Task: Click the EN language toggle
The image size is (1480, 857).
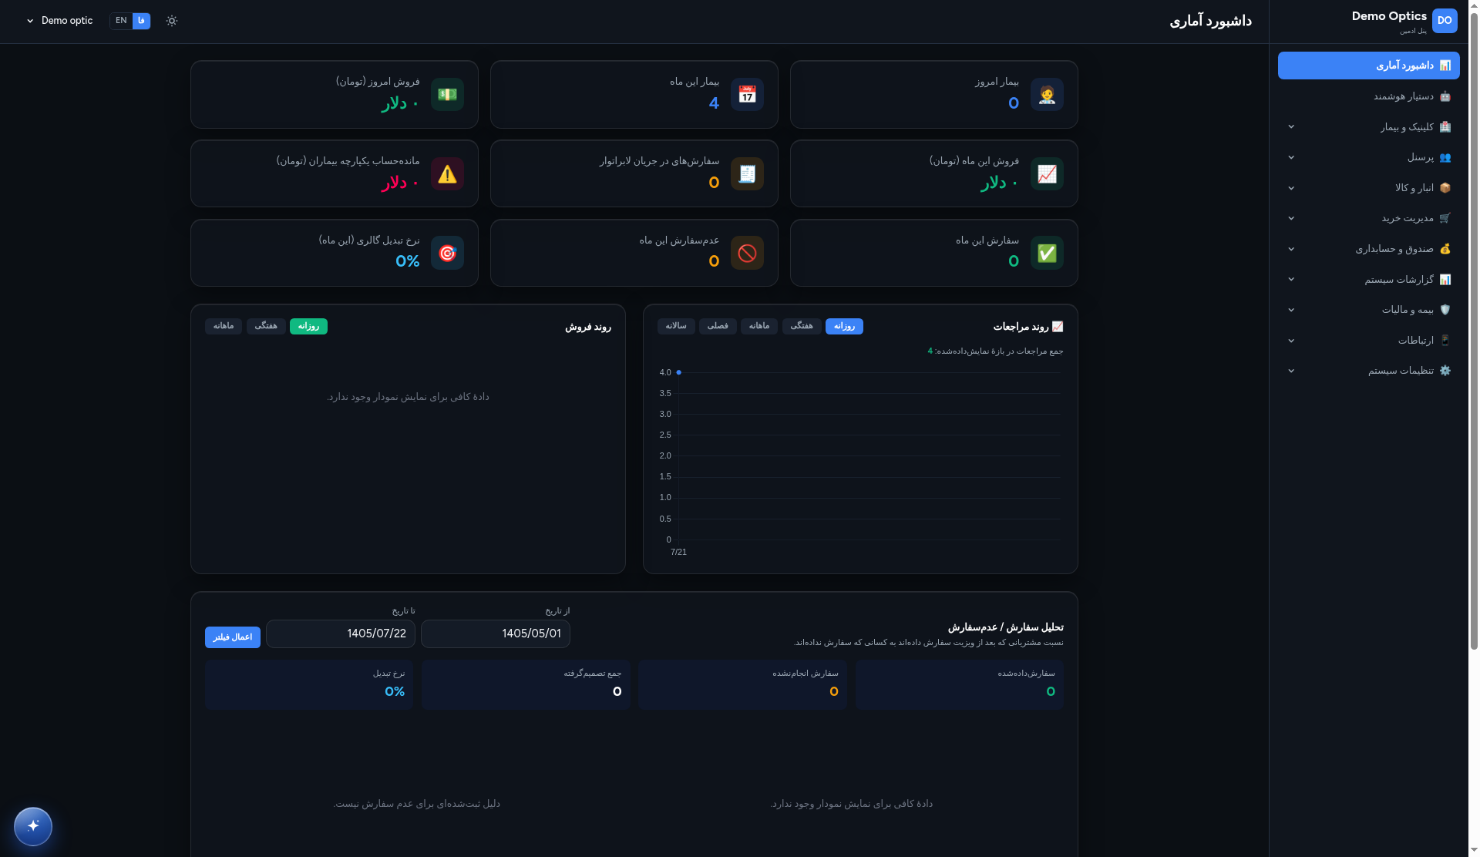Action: coord(121,21)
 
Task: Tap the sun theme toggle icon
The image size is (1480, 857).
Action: coord(172,21)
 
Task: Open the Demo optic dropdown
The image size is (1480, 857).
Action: coord(59,21)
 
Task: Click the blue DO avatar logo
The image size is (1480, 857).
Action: coord(1445,21)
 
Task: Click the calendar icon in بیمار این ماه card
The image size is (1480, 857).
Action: coord(747,94)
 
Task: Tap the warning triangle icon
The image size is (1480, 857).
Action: coord(447,174)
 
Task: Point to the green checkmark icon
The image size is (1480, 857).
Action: coord(1047,253)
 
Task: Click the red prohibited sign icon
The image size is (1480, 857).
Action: coord(747,253)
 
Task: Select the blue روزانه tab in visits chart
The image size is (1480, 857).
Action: coord(844,327)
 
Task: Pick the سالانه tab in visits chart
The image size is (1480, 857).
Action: coord(676,327)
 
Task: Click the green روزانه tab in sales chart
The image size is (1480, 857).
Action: coord(308,327)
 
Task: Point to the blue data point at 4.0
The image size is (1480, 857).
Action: coord(678,372)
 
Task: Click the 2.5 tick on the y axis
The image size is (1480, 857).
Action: coord(665,435)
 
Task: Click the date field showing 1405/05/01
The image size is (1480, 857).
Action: coord(496,634)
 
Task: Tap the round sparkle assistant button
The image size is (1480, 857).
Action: coord(33,826)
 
